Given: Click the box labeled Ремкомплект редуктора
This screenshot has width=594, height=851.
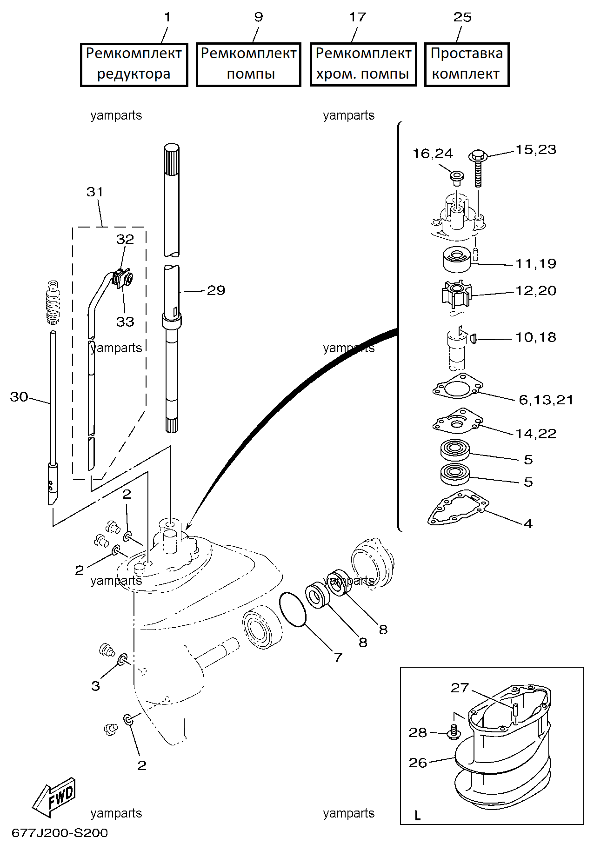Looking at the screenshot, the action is pos(134,65).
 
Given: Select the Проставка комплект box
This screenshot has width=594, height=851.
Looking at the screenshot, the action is pos(467,65).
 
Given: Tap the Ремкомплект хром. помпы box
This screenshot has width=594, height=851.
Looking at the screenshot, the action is pos(363,65).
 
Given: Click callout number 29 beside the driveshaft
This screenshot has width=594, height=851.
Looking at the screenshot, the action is pos(216,290).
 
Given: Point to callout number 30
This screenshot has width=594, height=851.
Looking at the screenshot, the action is pos(19,397).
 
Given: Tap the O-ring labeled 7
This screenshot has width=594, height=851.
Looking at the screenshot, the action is pos(293,610).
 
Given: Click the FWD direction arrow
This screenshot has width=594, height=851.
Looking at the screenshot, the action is pos(54,797).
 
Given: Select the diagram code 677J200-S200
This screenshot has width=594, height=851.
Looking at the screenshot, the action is pos(60,833).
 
